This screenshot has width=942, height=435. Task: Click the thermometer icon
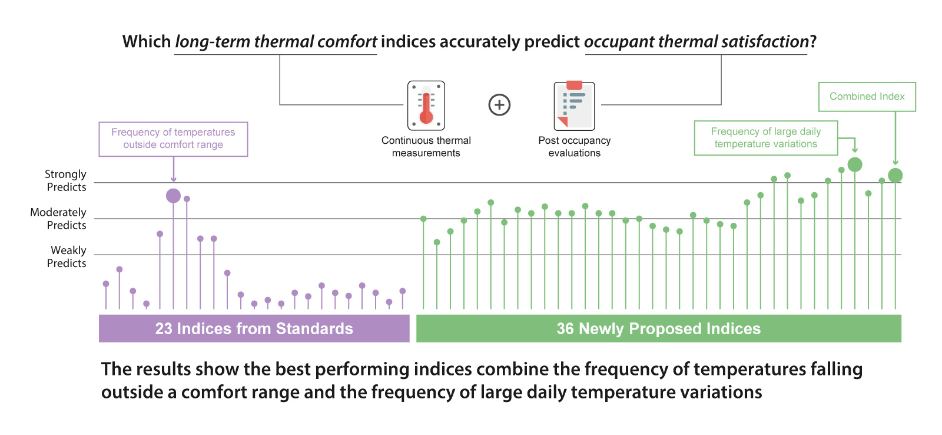(426, 106)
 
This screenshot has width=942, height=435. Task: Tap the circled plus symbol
(499, 105)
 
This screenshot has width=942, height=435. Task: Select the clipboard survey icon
(574, 106)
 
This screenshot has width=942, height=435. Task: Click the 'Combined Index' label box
(867, 97)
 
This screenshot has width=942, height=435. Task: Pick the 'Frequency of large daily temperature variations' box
(765, 138)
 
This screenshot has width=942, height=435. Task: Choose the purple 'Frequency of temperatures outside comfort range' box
(173, 139)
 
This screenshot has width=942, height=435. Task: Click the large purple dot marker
(173, 196)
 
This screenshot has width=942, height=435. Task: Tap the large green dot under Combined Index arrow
(895, 175)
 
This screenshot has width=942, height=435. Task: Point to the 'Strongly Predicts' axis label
(65, 180)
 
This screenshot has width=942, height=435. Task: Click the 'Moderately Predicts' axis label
(58, 219)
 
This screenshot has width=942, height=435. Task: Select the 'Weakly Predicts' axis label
(67, 256)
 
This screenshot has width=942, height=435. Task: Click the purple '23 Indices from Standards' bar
(254, 328)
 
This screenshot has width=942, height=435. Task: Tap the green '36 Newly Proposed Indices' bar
(658, 328)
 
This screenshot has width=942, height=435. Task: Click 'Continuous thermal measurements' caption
(426, 147)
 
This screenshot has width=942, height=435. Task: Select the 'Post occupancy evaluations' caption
(574, 147)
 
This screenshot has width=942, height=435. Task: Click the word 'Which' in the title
(146, 42)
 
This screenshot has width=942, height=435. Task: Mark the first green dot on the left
(423, 219)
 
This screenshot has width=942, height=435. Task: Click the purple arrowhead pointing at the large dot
(173, 179)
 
